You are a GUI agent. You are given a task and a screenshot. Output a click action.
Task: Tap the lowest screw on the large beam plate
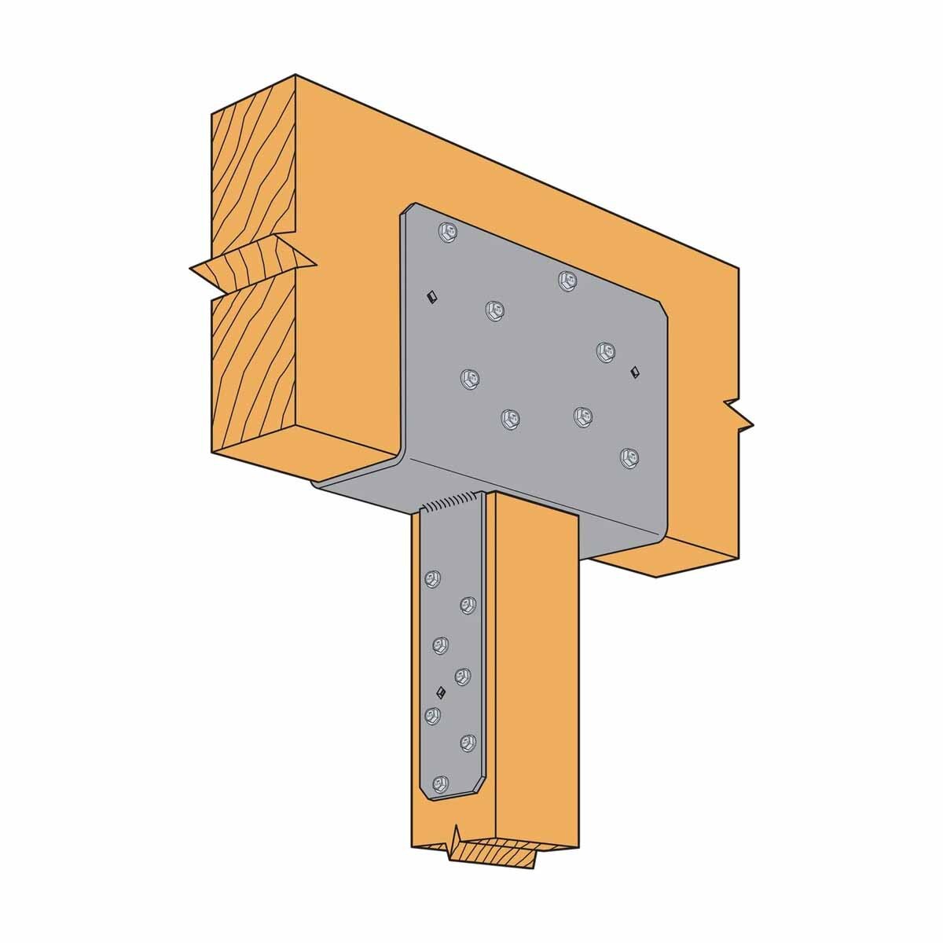(x=627, y=457)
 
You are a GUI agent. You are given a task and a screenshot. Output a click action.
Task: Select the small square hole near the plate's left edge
(x=430, y=295)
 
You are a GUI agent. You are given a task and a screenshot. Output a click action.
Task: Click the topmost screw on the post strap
(x=430, y=579)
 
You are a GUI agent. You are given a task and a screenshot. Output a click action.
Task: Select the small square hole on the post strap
(x=441, y=692)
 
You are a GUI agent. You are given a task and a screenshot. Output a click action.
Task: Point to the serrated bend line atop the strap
(x=453, y=501)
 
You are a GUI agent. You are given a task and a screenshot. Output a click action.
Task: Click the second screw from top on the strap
(x=467, y=604)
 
